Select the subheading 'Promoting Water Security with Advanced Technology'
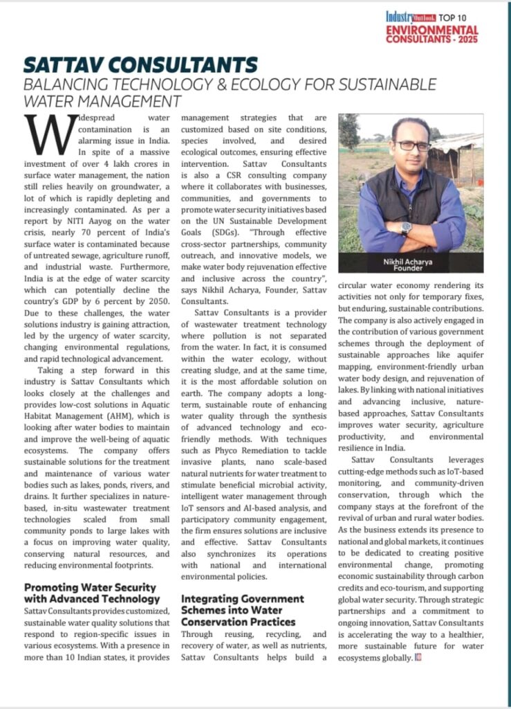click(x=92, y=593)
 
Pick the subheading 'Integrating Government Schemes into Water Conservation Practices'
click(x=243, y=609)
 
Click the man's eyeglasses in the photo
click(x=412, y=146)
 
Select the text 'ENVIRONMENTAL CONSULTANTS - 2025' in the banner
click(x=431, y=35)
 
